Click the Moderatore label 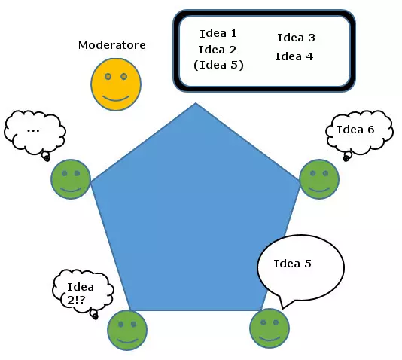coord(112,45)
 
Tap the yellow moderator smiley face coord(116,84)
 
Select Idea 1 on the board coord(218,33)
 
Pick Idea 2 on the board coord(218,49)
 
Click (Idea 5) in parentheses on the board coord(218,65)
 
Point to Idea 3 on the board coord(296,38)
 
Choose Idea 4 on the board coord(294,56)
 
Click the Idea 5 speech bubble coord(300,265)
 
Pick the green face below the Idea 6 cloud coord(319,179)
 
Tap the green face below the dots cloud coord(71,180)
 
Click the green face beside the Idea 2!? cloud coord(127,330)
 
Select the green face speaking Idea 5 coord(269,328)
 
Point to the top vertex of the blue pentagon coord(196,104)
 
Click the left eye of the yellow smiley coord(108,77)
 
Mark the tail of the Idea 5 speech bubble coord(282,304)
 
